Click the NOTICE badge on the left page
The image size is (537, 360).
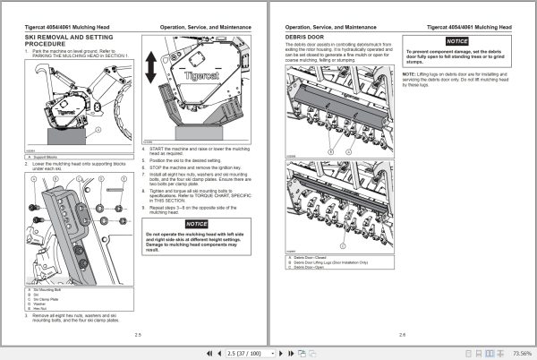196,223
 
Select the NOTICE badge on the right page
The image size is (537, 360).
457,41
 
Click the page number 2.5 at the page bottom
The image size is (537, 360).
138,335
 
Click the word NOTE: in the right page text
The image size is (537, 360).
408,73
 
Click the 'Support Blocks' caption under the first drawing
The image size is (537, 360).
46,156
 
